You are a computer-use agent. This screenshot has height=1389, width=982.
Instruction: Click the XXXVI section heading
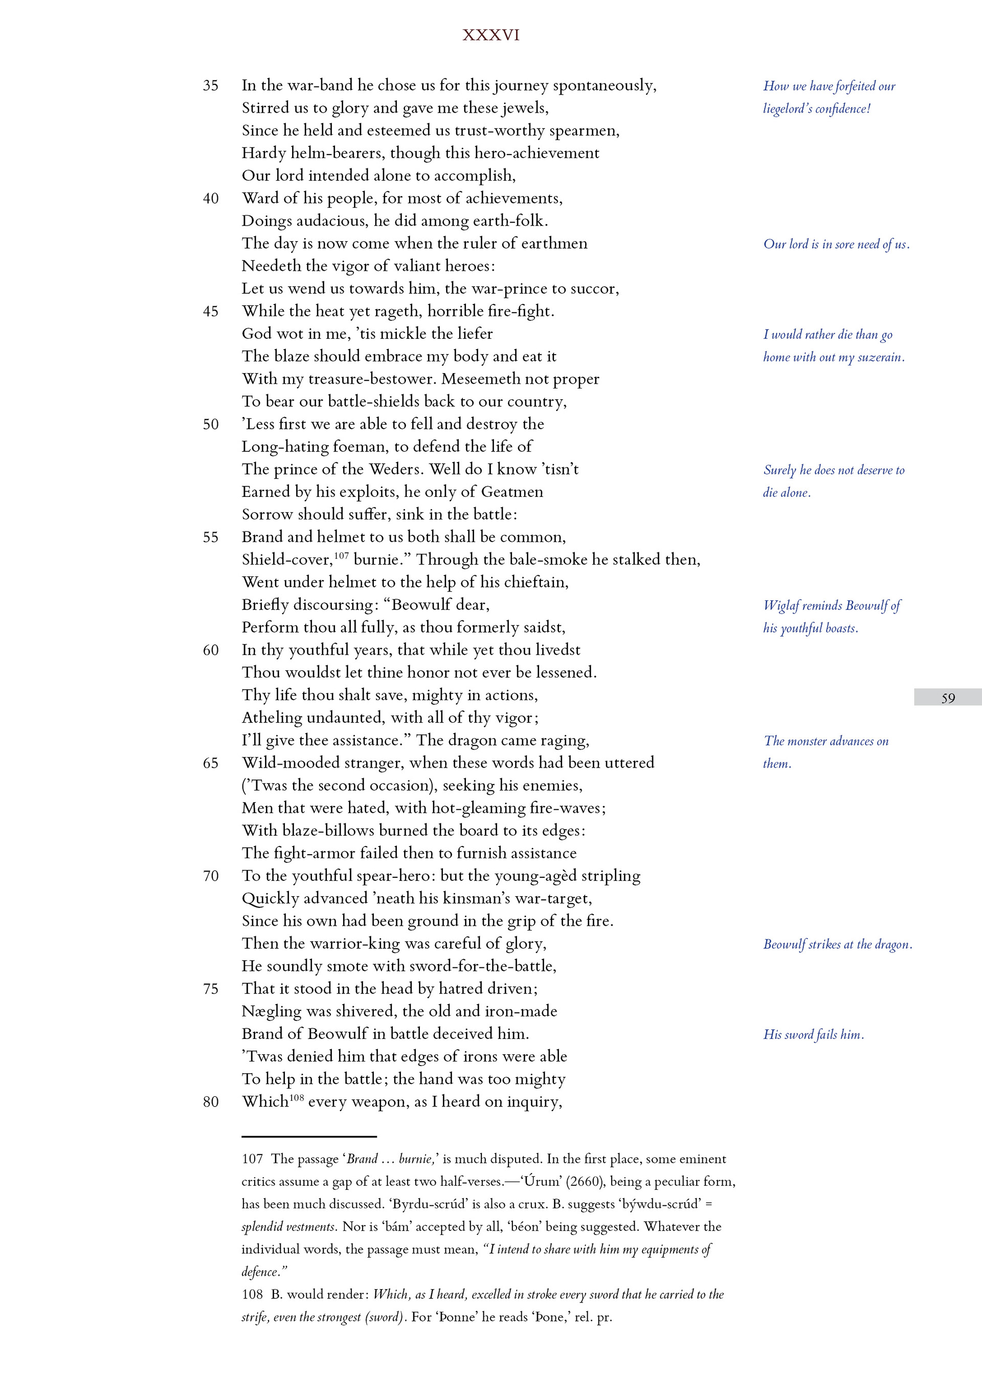click(490, 35)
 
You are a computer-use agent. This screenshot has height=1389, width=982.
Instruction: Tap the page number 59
click(948, 698)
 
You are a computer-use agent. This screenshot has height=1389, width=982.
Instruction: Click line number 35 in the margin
click(210, 85)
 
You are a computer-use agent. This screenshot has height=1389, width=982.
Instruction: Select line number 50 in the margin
click(210, 424)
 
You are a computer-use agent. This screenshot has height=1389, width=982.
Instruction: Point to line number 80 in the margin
click(210, 1102)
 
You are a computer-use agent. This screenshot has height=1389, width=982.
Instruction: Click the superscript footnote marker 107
click(341, 555)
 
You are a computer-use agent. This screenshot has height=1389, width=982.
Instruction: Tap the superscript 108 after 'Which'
click(296, 1096)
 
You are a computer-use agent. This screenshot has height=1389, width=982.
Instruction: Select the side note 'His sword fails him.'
click(813, 1034)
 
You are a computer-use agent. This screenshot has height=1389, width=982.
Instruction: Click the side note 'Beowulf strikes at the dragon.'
click(837, 944)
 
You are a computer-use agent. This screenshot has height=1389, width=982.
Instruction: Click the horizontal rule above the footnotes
click(309, 1136)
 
